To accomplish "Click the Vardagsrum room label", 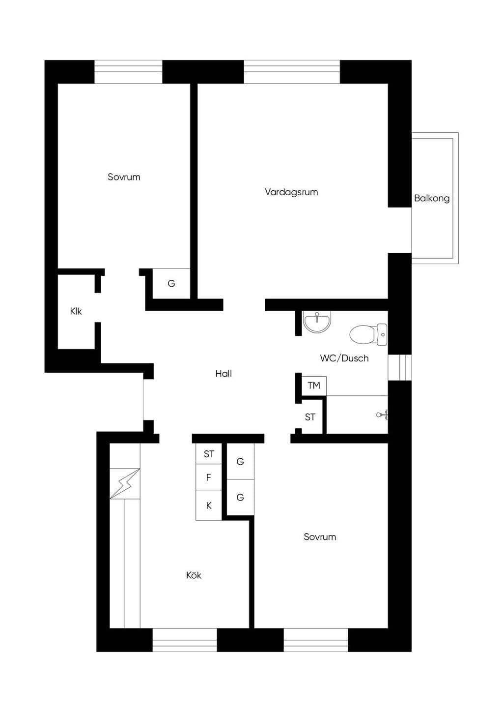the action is [291, 192].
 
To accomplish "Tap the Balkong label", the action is [432, 198].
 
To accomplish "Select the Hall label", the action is [224, 374].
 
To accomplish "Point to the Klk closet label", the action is [76, 311].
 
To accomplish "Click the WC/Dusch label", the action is [344, 358].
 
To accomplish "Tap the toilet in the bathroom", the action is [368, 334].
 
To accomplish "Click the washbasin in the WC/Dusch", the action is [317, 322].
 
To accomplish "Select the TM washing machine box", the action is [314, 386].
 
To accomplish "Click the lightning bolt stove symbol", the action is [125, 483].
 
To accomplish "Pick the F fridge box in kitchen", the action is [209, 477].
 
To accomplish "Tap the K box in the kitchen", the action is [209, 505].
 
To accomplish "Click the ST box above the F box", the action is [209, 454].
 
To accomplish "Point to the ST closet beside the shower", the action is [310, 416].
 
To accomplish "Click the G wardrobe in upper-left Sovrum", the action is [171, 283].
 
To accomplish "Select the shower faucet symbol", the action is [382, 415].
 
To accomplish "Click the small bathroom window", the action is [400, 367].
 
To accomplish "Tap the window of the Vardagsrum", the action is [292, 72].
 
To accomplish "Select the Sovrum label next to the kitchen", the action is [320, 537].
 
